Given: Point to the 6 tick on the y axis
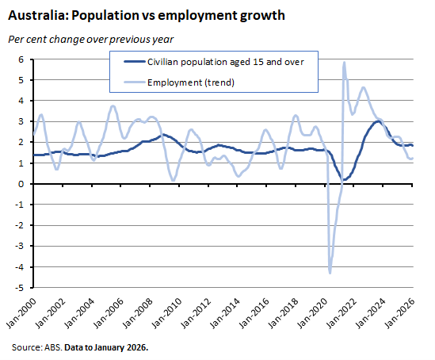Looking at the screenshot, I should pos(23,59).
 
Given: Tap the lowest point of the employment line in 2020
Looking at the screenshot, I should pos(330,272).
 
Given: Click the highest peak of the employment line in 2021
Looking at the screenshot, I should pos(344,63).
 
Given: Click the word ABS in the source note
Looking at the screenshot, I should pos(55,347).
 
